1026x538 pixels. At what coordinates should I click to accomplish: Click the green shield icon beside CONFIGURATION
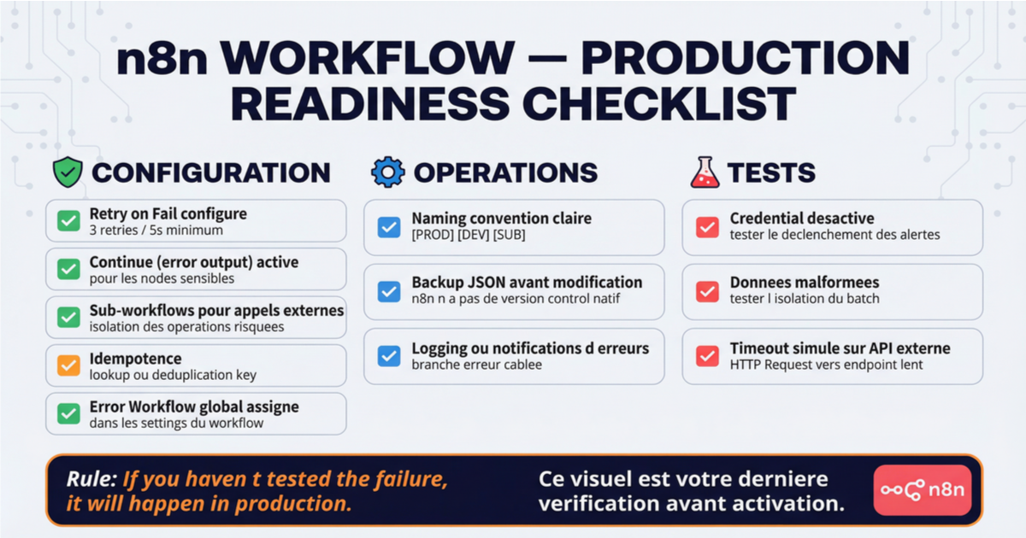(x=68, y=172)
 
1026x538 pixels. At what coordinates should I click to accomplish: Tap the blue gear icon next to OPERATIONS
(x=388, y=172)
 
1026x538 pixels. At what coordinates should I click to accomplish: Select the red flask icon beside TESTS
(x=705, y=172)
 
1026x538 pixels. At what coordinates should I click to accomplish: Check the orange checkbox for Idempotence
(x=68, y=365)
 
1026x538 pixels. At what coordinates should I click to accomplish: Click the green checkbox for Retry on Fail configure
(x=68, y=221)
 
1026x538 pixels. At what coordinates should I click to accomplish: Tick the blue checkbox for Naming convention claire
(x=389, y=227)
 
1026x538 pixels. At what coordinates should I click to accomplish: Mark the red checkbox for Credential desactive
(x=707, y=227)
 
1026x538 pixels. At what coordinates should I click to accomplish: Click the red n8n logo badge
(x=923, y=490)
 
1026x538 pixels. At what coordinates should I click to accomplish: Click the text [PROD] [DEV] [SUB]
(x=469, y=235)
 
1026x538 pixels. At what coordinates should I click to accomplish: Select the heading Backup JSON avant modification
(x=527, y=283)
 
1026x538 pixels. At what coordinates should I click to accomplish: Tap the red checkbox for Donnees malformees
(x=707, y=291)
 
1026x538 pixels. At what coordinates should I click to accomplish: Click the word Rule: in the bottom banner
(x=91, y=479)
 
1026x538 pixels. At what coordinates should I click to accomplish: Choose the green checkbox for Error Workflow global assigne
(x=68, y=414)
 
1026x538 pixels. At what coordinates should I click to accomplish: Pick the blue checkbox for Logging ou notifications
(x=389, y=356)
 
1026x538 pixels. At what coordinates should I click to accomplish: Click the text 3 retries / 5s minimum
(x=156, y=230)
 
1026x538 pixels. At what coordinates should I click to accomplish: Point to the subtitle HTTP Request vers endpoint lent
(x=826, y=365)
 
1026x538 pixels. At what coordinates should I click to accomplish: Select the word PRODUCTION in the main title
(x=746, y=58)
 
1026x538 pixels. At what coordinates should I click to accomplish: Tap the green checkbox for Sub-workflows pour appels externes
(x=68, y=318)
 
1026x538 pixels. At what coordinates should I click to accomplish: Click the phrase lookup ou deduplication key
(x=173, y=375)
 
